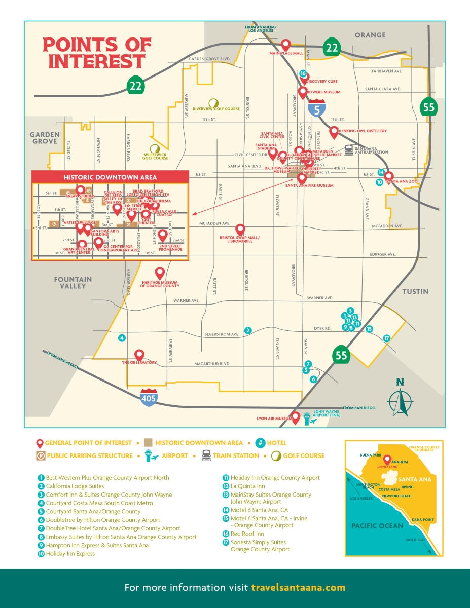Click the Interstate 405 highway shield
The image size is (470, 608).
[149, 398]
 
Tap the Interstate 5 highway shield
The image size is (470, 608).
[317, 108]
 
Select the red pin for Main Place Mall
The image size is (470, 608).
[286, 45]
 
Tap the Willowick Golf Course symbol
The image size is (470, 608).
[156, 148]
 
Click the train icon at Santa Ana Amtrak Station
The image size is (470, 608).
[349, 149]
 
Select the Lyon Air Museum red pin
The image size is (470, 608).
[296, 416]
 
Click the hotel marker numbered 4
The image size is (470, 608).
[122, 338]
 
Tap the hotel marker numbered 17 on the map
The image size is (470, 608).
[387, 338]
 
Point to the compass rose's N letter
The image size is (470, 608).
[400, 383]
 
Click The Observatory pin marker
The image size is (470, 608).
[139, 354]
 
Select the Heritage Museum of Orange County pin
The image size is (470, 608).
[160, 272]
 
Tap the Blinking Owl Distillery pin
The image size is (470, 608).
[334, 131]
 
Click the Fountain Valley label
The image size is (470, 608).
[74, 283]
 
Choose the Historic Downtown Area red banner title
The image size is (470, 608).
[110, 177]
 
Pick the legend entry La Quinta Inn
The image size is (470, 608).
[247, 486]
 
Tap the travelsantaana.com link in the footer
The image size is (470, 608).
[298, 588]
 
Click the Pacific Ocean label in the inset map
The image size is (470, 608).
[377, 526]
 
